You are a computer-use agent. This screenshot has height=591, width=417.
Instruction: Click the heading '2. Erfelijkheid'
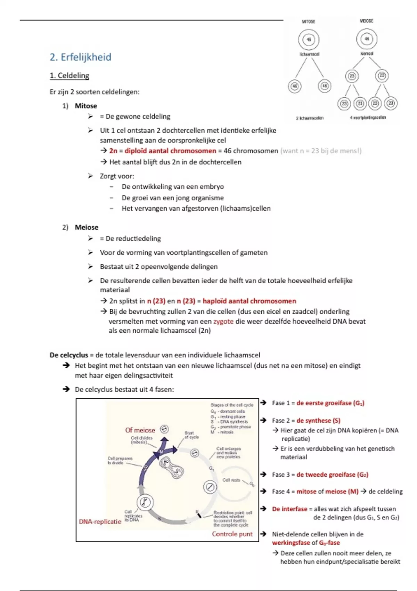[x=80, y=57]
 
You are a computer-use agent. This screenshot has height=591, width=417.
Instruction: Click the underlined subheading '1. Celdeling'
[x=69, y=75]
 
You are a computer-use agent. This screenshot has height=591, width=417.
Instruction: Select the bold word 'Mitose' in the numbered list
[x=86, y=106]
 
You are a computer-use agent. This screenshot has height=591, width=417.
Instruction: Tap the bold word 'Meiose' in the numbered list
[x=87, y=227]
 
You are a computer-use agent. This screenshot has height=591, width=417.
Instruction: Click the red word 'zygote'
[x=223, y=321]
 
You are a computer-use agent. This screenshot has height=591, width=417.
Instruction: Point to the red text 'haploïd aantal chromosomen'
[x=249, y=301]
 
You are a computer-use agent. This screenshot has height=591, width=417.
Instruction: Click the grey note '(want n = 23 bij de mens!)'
[x=321, y=151]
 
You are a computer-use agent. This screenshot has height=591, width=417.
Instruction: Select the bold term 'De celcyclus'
[x=69, y=355]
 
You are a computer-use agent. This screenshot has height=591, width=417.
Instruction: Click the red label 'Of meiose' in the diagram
[x=140, y=430]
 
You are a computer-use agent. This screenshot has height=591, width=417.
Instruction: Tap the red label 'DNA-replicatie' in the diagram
[x=100, y=521]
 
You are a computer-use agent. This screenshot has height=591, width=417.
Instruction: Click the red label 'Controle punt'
[x=232, y=534]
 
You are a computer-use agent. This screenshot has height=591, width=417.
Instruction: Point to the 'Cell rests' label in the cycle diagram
[x=231, y=480]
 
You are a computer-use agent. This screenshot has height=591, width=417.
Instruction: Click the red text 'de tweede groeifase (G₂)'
[x=332, y=475]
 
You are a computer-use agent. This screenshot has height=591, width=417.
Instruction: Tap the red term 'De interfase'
[x=289, y=509]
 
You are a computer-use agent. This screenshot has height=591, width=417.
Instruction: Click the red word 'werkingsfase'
[x=291, y=543]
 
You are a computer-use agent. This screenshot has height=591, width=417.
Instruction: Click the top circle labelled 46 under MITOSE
[x=309, y=39]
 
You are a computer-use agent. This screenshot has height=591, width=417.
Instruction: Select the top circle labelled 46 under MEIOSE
[x=367, y=39]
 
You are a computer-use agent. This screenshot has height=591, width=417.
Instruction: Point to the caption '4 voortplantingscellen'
[x=368, y=118]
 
